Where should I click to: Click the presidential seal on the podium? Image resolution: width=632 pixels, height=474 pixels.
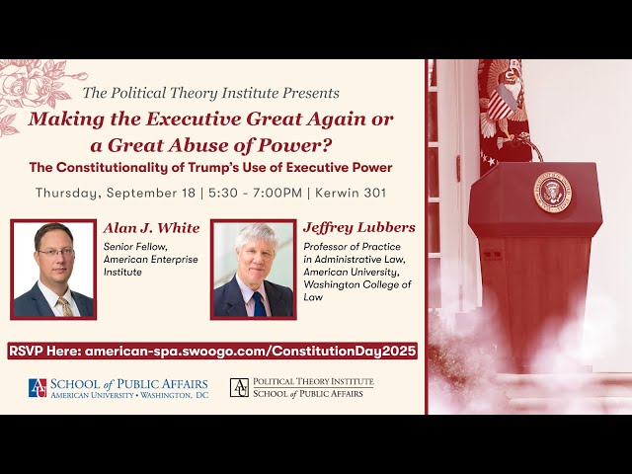point(553,193)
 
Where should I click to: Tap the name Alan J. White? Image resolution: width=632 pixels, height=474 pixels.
point(151,228)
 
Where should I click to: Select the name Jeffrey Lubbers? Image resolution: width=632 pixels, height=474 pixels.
point(359,228)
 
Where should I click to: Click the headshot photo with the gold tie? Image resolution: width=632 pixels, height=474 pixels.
point(53,270)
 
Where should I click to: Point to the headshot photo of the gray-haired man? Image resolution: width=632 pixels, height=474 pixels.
point(254,270)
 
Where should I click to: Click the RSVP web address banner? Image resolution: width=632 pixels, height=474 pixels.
point(212,352)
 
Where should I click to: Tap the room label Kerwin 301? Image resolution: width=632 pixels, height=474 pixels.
point(351,193)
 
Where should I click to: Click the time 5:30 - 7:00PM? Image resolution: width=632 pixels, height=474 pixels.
point(255,193)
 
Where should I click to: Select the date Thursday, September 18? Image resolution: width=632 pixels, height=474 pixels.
point(116,194)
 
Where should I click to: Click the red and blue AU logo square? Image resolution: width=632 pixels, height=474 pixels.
point(38,388)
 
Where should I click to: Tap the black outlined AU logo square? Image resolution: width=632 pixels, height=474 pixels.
point(239,387)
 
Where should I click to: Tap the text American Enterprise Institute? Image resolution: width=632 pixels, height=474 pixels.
point(151,266)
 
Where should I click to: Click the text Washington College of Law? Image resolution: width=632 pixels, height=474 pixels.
point(357,290)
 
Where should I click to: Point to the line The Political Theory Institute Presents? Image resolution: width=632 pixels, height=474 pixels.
point(210,93)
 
